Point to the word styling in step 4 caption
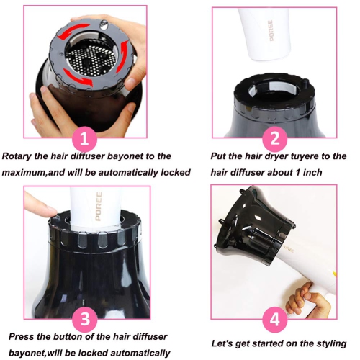[x=329, y=343]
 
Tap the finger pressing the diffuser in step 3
[x=40, y=205]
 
